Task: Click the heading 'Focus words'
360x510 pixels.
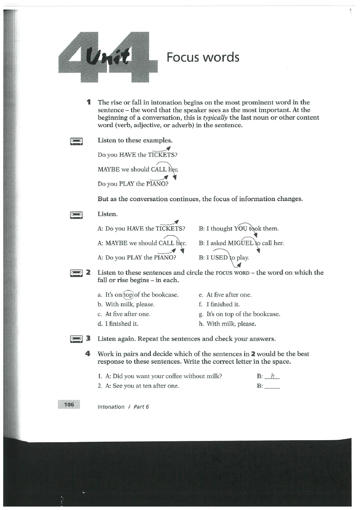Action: point(203,58)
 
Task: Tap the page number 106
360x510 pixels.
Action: point(69,405)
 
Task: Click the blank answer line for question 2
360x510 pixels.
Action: point(273,387)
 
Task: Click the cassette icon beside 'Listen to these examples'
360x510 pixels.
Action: point(76,141)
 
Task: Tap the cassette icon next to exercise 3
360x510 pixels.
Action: point(76,338)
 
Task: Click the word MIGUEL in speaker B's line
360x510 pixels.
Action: point(241,243)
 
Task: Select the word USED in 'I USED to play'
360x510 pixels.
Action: point(219,257)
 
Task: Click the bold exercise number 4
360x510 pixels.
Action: point(87,354)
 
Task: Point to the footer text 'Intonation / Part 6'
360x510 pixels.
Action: point(123,407)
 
